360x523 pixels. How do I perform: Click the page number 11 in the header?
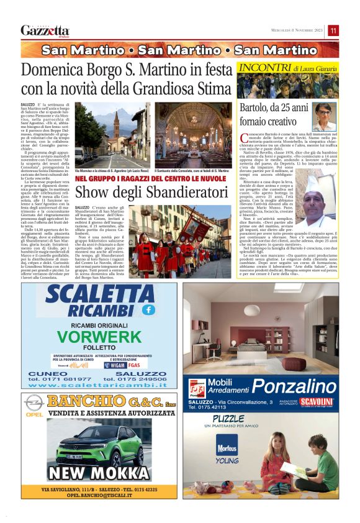(333, 30)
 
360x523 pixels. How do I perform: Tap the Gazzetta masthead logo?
(45, 30)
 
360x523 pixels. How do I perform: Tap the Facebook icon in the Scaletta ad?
(148, 309)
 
